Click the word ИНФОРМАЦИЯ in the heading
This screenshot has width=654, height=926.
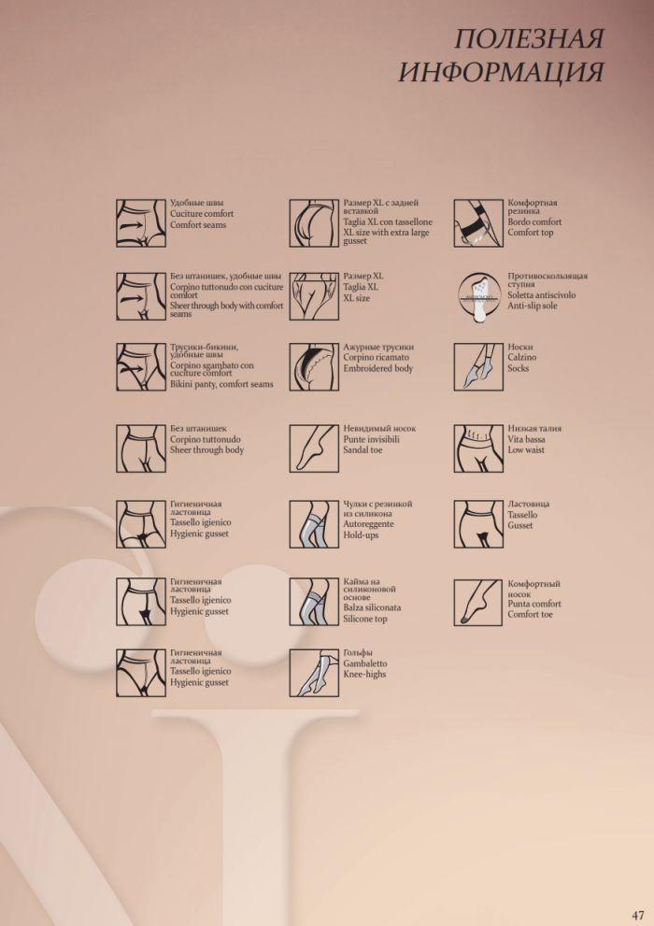pyautogui.click(x=501, y=73)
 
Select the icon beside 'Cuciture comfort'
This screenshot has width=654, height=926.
pyautogui.click(x=140, y=223)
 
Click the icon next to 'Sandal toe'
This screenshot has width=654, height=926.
pyautogui.click(x=313, y=449)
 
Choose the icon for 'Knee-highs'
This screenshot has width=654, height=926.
pyautogui.click(x=313, y=673)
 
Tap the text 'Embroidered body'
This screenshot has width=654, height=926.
pyautogui.click(x=378, y=369)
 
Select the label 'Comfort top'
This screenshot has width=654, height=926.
pyautogui.click(x=531, y=233)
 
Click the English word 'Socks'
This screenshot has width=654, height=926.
pyautogui.click(x=519, y=368)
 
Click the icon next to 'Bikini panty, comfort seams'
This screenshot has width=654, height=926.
pyautogui.click(x=140, y=365)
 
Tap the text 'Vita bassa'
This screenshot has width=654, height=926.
pyautogui.click(x=527, y=439)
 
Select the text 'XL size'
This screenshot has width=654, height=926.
pyautogui.click(x=357, y=298)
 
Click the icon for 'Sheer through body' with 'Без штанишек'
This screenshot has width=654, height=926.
pyautogui.click(x=140, y=449)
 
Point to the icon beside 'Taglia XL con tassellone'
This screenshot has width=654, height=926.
pyautogui.click(x=313, y=223)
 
